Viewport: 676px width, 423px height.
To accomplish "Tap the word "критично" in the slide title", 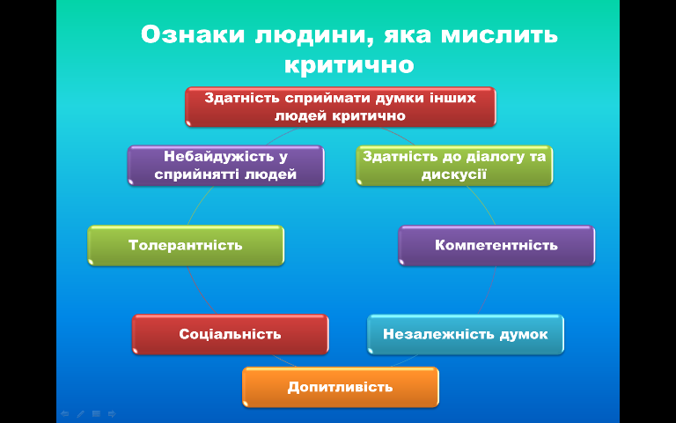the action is (x=349, y=65).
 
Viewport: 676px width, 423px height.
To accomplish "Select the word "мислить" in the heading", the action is (x=499, y=34).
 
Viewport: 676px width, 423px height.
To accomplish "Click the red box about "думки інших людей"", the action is (x=341, y=107).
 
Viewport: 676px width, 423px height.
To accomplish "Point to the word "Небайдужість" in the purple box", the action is (x=220, y=156).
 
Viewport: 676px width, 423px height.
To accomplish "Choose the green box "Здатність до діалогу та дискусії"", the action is (x=454, y=166).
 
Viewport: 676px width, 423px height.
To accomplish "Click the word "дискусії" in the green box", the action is (x=454, y=174).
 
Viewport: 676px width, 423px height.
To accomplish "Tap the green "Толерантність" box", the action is (x=186, y=245).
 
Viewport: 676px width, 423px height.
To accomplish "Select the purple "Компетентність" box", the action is (x=496, y=245).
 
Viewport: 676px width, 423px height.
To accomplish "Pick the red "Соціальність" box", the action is (x=231, y=334).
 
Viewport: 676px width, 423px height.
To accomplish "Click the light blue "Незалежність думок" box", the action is (x=466, y=334).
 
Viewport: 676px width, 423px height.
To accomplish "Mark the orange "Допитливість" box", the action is (x=341, y=387).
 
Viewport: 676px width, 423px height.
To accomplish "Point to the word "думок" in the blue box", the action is (x=524, y=334).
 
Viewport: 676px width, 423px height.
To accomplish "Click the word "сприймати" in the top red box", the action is (x=328, y=98).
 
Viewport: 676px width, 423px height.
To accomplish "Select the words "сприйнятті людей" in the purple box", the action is (x=225, y=174).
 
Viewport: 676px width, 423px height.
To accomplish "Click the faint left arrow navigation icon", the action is (x=64, y=413).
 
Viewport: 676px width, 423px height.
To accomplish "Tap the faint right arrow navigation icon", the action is (x=112, y=413).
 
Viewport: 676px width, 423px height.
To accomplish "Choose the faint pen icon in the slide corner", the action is (x=81, y=413).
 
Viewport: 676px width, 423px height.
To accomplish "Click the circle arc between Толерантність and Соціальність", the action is (x=198, y=291).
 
